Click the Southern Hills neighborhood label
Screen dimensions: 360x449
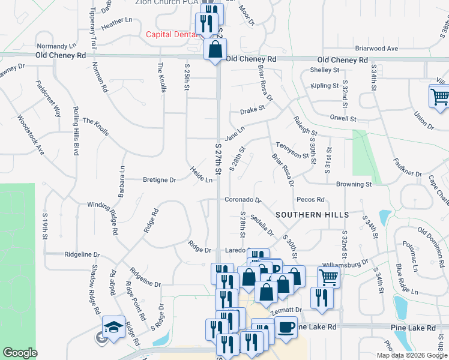pos(312,214)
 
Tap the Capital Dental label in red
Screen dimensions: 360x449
pos(172,34)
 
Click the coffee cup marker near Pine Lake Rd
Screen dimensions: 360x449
pos(286,328)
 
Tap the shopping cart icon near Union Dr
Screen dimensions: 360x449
pos(440,96)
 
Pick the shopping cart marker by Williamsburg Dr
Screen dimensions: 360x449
pos(328,277)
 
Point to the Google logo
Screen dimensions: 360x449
pos(20,353)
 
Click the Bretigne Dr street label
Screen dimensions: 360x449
pos(159,179)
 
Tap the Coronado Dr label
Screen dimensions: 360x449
pos(243,200)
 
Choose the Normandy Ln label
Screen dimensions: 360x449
pos(57,46)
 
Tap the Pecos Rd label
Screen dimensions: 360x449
pos(310,199)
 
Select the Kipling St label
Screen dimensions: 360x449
pos(325,86)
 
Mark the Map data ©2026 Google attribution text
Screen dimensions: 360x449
pos(412,355)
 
